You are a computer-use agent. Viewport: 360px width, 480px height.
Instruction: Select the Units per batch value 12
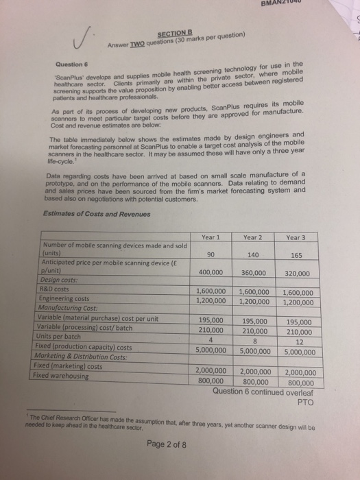(297, 342)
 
